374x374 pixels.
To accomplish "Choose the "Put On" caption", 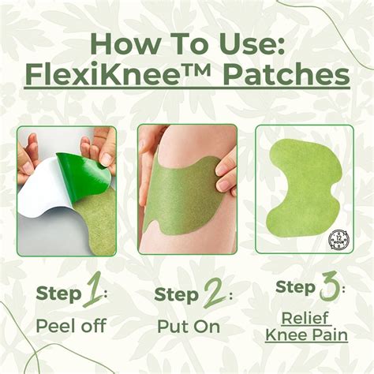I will [187, 326].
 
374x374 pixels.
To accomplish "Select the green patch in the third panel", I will [304, 185].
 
